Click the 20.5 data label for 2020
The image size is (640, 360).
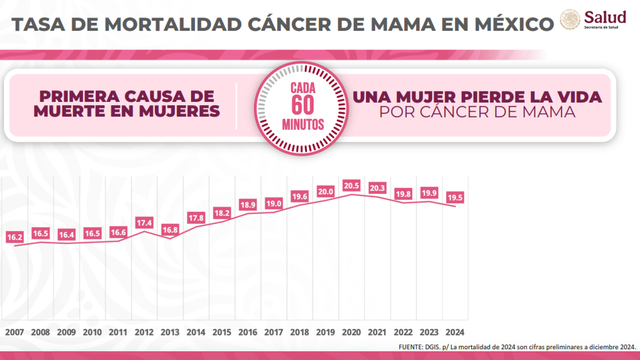(x=351, y=186)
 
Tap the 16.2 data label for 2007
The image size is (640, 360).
(x=15, y=237)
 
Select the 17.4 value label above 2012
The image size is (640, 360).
(x=143, y=222)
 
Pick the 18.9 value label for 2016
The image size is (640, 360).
(x=248, y=204)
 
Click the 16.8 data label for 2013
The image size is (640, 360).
(x=170, y=229)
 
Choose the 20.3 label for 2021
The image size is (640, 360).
(x=377, y=188)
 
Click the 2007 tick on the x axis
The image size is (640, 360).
(x=15, y=332)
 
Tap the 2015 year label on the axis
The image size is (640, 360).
(x=222, y=332)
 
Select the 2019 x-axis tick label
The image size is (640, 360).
(x=325, y=332)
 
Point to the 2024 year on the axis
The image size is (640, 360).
(x=454, y=332)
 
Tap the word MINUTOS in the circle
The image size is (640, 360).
(x=303, y=124)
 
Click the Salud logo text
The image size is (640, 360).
(x=605, y=17)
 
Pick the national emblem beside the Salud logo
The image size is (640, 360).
(x=570, y=20)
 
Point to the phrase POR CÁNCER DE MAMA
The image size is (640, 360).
(x=477, y=113)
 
